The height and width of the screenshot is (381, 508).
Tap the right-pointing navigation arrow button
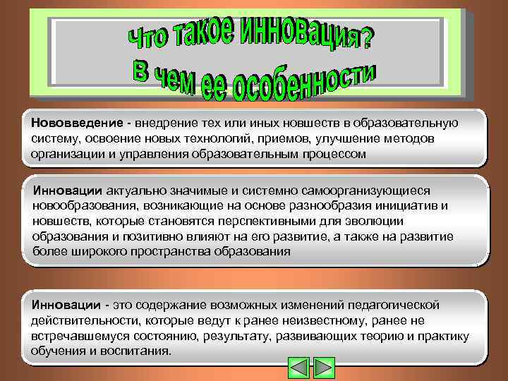323,368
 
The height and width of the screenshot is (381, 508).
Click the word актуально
135,190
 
